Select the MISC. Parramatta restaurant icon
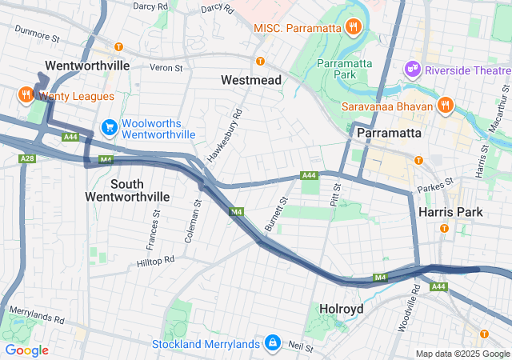click(x=353, y=28)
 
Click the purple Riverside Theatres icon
click(x=413, y=70)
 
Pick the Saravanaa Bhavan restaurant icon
click(x=445, y=106)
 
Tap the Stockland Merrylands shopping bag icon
click(x=273, y=342)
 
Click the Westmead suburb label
click(x=252, y=81)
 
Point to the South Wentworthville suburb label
click(x=127, y=190)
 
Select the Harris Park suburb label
click(x=450, y=212)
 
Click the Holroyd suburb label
click(x=342, y=308)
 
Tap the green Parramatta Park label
click(x=346, y=69)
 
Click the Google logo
click(x=26, y=350)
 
